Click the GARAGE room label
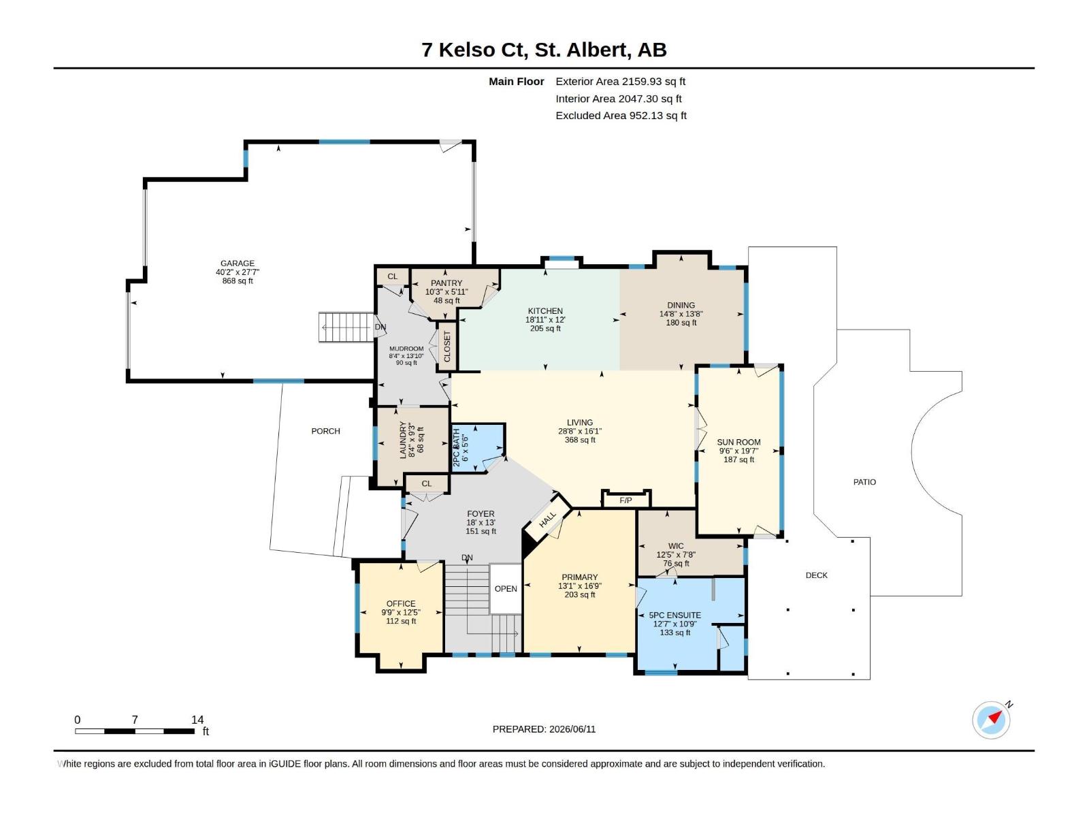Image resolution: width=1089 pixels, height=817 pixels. pyautogui.click(x=237, y=263)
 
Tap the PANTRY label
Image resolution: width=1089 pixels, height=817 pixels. pyautogui.click(x=446, y=283)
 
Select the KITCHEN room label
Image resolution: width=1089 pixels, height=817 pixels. pyautogui.click(x=544, y=311)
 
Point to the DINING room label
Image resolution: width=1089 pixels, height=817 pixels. pyautogui.click(x=681, y=305)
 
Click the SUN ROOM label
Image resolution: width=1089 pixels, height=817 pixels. pyautogui.click(x=738, y=442)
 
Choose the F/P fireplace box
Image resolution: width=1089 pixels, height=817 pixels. pyautogui.click(x=625, y=498)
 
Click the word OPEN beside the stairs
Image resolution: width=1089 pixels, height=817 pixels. pyautogui.click(x=506, y=588)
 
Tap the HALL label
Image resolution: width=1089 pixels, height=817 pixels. pyautogui.click(x=547, y=519)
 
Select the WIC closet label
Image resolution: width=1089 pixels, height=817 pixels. pyautogui.click(x=676, y=545)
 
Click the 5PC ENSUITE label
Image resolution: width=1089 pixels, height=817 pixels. pyautogui.click(x=674, y=615)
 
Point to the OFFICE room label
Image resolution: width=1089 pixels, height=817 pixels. pyautogui.click(x=401, y=603)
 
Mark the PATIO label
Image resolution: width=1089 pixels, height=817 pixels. pyautogui.click(x=864, y=481)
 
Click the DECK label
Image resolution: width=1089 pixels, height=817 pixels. pyautogui.click(x=816, y=575)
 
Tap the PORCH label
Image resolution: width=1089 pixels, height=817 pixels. pyautogui.click(x=325, y=431)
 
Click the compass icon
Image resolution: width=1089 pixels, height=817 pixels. pyautogui.click(x=991, y=720)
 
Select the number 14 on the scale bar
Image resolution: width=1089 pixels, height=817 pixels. pyautogui.click(x=197, y=719)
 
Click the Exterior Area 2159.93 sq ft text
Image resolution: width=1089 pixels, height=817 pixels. pyautogui.click(x=620, y=81)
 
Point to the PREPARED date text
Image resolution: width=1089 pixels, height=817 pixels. pyautogui.click(x=544, y=728)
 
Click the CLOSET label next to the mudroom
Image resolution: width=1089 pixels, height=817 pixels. pyautogui.click(x=447, y=347)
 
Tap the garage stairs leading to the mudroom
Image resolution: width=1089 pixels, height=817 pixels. pyautogui.click(x=346, y=327)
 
